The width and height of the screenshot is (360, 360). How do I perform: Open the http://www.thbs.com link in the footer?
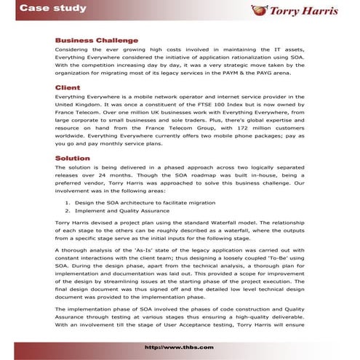179,348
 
